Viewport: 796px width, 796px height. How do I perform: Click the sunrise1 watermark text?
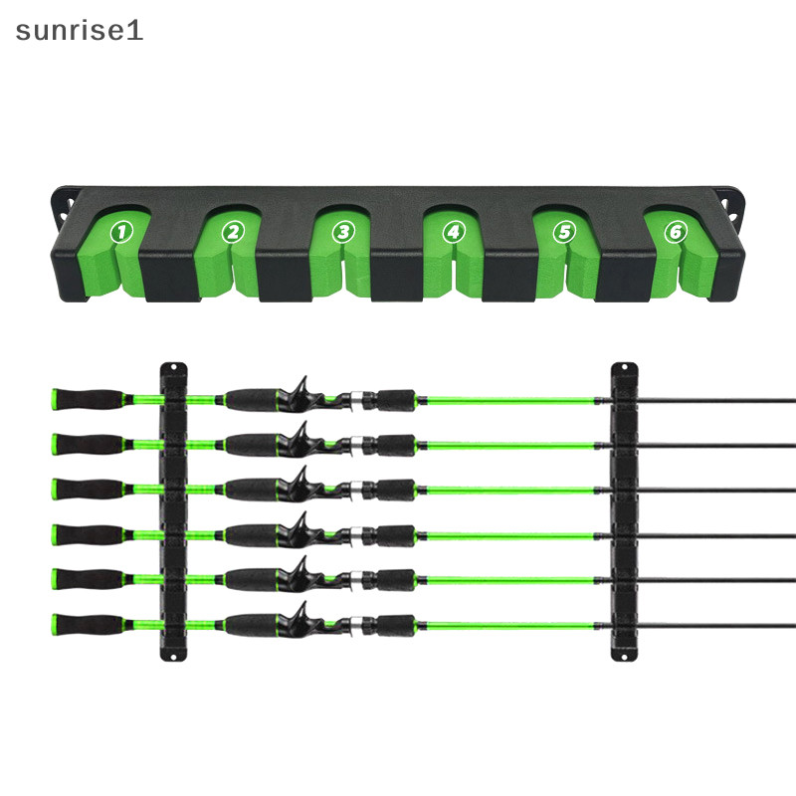[x=80, y=31]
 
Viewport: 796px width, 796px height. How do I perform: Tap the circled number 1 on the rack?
[x=121, y=233]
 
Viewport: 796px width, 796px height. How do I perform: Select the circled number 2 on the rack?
[x=233, y=233]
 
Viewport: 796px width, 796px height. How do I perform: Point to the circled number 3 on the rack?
[x=343, y=233]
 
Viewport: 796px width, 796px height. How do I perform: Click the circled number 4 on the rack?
[x=454, y=233]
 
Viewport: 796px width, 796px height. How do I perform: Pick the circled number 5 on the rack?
[x=564, y=233]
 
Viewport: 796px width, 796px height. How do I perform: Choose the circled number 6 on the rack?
[x=676, y=233]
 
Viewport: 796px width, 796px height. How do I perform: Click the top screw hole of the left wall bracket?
[x=173, y=367]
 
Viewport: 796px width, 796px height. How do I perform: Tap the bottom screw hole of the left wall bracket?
[x=173, y=657]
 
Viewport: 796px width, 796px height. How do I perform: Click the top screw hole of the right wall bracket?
[x=625, y=367]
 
